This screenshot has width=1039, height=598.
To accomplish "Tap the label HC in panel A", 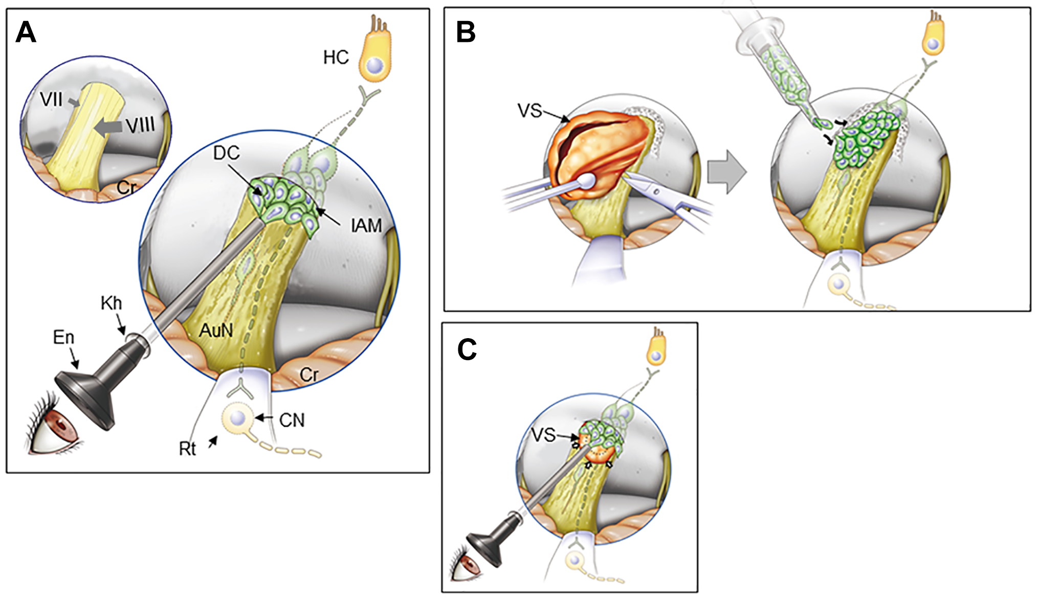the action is click(x=336, y=57).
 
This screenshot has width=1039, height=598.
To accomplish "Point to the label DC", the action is click(x=226, y=152).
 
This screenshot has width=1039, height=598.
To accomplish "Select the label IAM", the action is click(x=366, y=225).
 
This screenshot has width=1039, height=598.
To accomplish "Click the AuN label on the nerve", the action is click(x=216, y=330).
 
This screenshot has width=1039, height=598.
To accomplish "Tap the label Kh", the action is click(x=111, y=303).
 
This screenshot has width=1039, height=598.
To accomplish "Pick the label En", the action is click(x=63, y=337).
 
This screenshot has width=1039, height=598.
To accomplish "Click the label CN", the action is click(x=292, y=420).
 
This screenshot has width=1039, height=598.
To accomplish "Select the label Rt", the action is click(x=187, y=449).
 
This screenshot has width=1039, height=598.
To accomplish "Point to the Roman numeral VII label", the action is click(x=51, y=99).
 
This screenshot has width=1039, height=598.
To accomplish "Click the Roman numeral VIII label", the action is click(x=140, y=125).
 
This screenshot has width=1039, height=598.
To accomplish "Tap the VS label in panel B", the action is click(x=529, y=110).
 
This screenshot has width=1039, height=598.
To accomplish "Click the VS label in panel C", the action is click(x=543, y=435).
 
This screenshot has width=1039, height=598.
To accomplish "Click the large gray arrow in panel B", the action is click(x=726, y=172).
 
